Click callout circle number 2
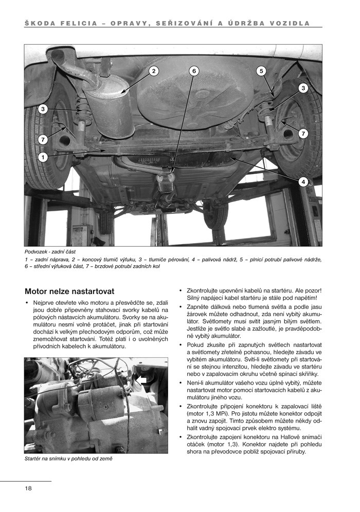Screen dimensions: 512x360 point(153,70)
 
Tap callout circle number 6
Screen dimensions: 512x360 point(193,70)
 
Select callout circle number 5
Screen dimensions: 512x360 point(261,70)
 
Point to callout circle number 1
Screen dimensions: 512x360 point(43,157)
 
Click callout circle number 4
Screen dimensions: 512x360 point(303,181)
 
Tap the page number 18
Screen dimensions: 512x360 point(28,488)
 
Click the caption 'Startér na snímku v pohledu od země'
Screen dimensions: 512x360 point(68,459)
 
